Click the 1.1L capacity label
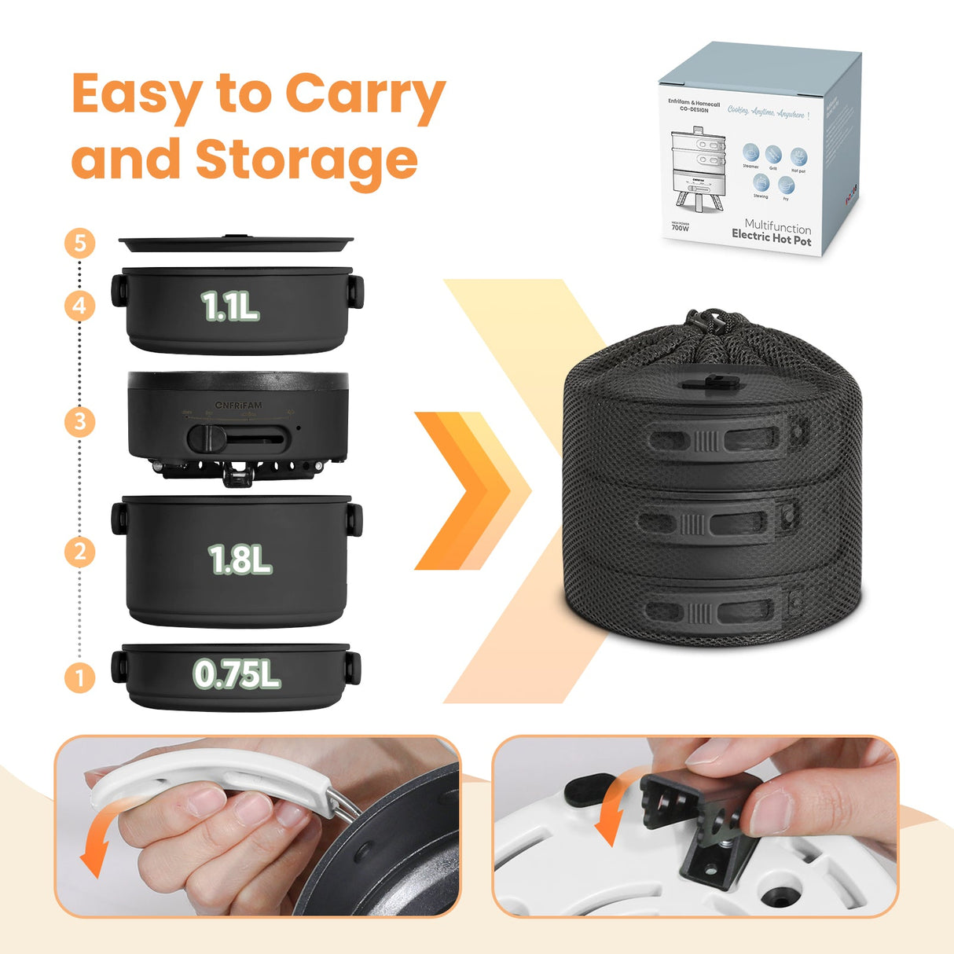click(x=229, y=306)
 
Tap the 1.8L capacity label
click(x=240, y=560)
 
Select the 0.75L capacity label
click(x=237, y=674)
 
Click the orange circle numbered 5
click(x=79, y=243)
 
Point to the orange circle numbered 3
click(x=79, y=422)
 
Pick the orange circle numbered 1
click(x=79, y=677)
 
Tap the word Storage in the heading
click(x=306, y=160)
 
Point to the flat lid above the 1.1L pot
click(x=236, y=243)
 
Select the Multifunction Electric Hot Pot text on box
click(x=772, y=233)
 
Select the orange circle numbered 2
click(x=79, y=551)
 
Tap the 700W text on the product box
click(x=681, y=228)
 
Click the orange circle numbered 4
click(x=79, y=306)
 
